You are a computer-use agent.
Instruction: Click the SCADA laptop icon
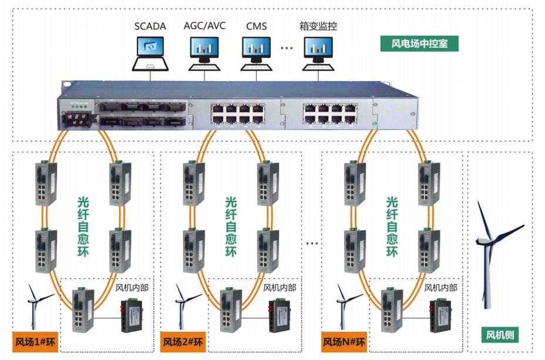tap(151, 52)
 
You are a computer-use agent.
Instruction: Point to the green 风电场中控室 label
tap(416, 43)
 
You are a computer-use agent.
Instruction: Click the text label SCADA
tap(150, 26)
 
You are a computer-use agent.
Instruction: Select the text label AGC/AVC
tap(204, 26)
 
